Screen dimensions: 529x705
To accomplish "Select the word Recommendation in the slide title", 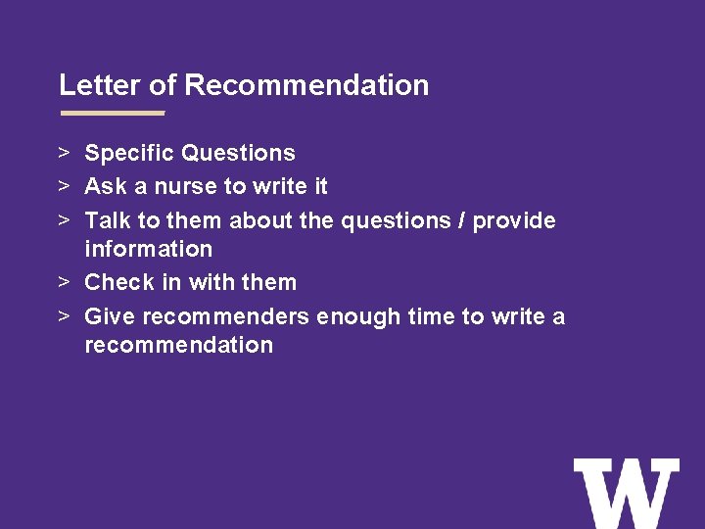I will pyautogui.click(x=306, y=85).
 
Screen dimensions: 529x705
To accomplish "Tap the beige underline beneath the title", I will pyautogui.click(x=112, y=113).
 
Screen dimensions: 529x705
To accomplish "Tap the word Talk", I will pyautogui.click(x=108, y=220).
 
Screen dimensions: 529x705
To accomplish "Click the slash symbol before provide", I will pyautogui.click(x=460, y=220).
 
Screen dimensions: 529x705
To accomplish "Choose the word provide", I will pyautogui.click(x=514, y=220).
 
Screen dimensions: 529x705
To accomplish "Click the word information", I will pyautogui.click(x=148, y=249).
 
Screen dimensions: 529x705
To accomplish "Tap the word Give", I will pyautogui.click(x=110, y=316).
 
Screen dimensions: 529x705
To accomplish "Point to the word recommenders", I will pyautogui.click(x=226, y=316).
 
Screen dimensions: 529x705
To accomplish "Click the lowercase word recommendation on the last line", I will pyautogui.click(x=178, y=345).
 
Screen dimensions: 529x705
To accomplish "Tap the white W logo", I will pyautogui.click(x=627, y=493).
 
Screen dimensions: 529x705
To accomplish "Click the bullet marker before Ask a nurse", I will pyautogui.click(x=62, y=186).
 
